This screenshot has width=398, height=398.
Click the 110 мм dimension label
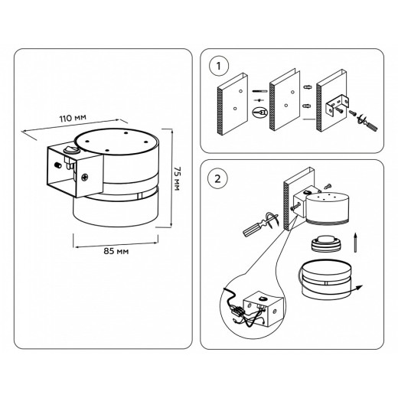(x=73, y=118)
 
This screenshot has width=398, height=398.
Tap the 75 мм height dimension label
(x=177, y=178)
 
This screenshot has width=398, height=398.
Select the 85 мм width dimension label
(x=116, y=251)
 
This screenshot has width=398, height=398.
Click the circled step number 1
(x=219, y=67)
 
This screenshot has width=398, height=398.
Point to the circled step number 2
(x=217, y=179)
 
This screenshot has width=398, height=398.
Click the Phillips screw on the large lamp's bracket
(x=85, y=177)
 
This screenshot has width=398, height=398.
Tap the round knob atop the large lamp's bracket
(x=72, y=149)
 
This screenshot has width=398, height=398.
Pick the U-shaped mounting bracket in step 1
(x=338, y=106)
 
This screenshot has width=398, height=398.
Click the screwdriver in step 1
(x=367, y=123)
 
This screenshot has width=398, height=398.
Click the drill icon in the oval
(x=260, y=112)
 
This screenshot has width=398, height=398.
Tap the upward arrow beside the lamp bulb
(x=355, y=243)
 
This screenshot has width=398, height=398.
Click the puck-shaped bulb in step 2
(x=327, y=244)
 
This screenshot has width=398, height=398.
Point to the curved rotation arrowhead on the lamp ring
(x=359, y=287)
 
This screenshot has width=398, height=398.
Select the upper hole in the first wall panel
(x=240, y=91)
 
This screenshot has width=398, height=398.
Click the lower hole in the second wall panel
(x=286, y=105)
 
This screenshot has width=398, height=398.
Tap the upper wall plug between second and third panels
(x=308, y=87)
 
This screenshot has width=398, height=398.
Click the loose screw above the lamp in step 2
(x=327, y=187)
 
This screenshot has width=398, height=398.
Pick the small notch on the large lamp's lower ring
(x=139, y=196)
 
